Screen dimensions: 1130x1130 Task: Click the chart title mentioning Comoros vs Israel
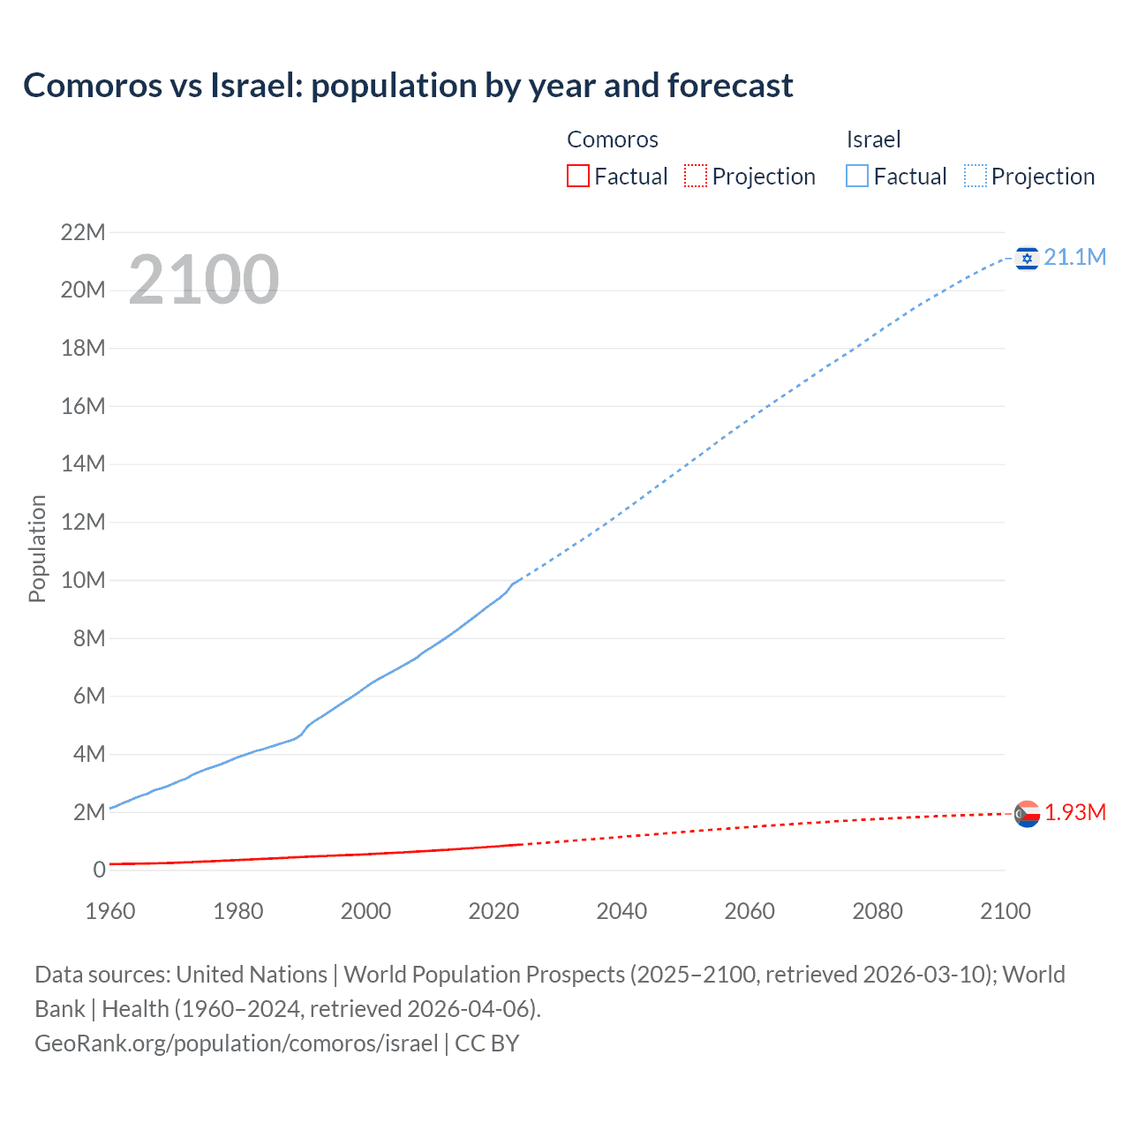coord(408,86)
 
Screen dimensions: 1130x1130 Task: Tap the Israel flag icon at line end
coord(1027,258)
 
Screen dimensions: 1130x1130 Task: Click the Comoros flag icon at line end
coord(1027,813)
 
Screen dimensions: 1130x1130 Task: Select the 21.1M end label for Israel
coord(1074,257)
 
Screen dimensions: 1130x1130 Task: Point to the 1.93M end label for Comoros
coord(1074,812)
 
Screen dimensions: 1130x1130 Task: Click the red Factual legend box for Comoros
coord(578,177)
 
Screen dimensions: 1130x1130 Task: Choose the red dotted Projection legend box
coord(696,177)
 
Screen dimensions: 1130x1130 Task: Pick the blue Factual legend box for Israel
coord(857,177)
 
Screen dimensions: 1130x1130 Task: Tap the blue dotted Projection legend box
coord(976,177)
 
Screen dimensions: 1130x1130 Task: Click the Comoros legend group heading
coord(613,139)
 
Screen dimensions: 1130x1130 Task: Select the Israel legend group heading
coord(873,139)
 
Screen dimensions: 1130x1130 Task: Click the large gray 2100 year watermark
coord(204,280)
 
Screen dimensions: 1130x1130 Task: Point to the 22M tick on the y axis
coord(83,233)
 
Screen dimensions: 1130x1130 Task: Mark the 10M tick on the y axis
coord(83,581)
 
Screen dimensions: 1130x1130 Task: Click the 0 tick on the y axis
coord(99,870)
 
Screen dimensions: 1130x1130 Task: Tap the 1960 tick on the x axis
coord(110,911)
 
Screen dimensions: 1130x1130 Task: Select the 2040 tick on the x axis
coord(621,911)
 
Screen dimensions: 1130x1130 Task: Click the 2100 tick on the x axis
coord(1005,911)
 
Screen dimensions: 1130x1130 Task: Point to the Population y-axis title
coord(37,548)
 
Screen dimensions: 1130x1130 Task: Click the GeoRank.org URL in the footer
coord(237,1043)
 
